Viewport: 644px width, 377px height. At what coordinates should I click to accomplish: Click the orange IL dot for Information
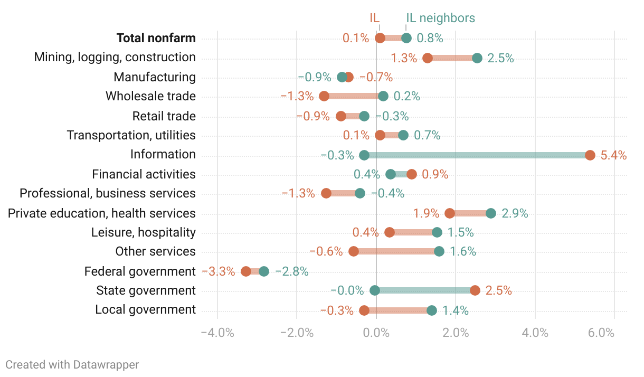click(x=590, y=155)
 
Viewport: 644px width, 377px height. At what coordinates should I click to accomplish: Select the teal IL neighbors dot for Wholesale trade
click(x=383, y=96)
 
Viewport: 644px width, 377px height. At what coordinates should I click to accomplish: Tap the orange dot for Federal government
click(x=246, y=271)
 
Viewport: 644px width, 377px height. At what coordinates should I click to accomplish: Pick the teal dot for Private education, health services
click(x=491, y=213)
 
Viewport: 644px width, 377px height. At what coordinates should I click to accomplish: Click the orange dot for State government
click(x=475, y=290)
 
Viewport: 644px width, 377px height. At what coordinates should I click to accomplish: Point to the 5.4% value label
click(x=613, y=155)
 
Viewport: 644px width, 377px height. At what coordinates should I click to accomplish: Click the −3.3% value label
click(x=219, y=271)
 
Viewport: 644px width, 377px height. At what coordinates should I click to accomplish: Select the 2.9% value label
click(x=515, y=213)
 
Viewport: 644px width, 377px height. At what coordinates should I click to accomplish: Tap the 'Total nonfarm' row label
click(x=156, y=38)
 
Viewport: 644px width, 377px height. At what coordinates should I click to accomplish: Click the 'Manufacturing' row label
click(x=155, y=77)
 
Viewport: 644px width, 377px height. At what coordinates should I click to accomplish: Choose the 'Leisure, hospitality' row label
click(x=143, y=232)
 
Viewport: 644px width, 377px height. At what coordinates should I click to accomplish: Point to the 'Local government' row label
click(x=145, y=310)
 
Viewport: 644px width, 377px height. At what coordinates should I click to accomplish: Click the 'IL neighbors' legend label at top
click(x=440, y=18)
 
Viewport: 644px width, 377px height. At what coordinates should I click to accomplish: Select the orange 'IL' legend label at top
click(x=374, y=18)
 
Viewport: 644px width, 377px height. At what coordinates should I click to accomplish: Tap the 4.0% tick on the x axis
click(x=535, y=333)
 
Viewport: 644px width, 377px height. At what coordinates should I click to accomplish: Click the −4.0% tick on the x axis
click(x=217, y=333)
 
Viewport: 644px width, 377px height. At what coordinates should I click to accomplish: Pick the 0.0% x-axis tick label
click(x=376, y=333)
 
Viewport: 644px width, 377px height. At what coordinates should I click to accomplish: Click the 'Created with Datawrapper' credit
click(x=72, y=364)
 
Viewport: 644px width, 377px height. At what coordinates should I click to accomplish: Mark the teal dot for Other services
click(x=439, y=251)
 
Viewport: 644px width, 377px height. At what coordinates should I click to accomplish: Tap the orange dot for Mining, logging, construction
click(x=428, y=58)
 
